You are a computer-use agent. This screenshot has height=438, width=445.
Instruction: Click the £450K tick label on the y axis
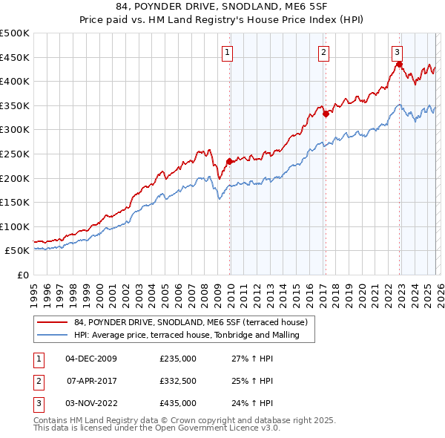(15, 57)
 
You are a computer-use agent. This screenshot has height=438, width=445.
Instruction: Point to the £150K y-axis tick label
(15, 202)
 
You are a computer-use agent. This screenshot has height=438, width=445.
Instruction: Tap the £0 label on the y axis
(22, 275)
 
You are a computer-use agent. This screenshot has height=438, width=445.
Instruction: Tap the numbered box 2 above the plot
(324, 52)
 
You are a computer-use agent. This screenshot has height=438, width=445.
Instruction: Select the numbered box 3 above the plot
(398, 52)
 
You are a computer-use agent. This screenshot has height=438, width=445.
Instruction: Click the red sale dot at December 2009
(229, 161)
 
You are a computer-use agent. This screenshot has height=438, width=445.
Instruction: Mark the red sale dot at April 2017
(325, 114)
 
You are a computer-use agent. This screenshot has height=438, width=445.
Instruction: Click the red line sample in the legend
(53, 322)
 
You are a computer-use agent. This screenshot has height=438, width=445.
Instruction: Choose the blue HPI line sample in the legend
(53, 335)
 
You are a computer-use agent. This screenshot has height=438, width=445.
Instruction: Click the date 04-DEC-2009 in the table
(91, 359)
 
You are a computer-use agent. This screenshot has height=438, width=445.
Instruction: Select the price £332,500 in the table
(178, 381)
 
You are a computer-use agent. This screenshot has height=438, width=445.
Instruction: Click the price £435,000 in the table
(178, 403)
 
